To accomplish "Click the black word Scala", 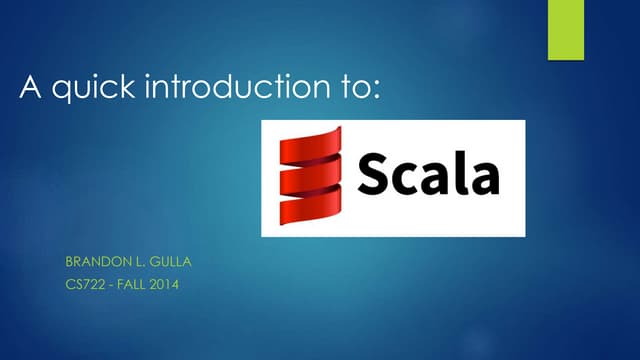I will tap(429, 177).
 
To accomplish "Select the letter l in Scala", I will tap(468, 175).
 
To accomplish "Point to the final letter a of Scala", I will tap(487, 180).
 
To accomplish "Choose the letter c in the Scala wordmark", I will tap(409, 180).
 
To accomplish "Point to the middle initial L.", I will tap(136, 263).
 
